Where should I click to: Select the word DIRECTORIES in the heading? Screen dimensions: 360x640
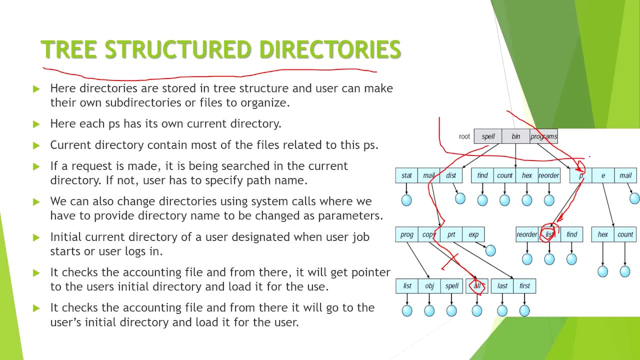(330, 50)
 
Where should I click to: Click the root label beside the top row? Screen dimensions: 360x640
(464, 136)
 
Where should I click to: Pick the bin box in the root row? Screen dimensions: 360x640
(515, 136)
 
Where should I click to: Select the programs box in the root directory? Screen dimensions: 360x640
(543, 136)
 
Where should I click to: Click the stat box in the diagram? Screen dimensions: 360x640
(406, 175)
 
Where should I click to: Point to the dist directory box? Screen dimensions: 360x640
(451, 175)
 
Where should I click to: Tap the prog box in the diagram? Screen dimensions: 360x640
(407, 234)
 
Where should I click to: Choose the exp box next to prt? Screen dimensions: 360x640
(473, 234)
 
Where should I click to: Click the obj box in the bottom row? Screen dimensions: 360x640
(429, 286)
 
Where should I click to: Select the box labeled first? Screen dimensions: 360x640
(524, 286)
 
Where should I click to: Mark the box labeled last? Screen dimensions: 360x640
(502, 286)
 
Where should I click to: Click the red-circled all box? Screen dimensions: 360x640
(477, 286)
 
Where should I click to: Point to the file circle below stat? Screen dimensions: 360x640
(406, 200)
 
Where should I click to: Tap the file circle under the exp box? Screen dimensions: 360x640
(490, 250)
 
